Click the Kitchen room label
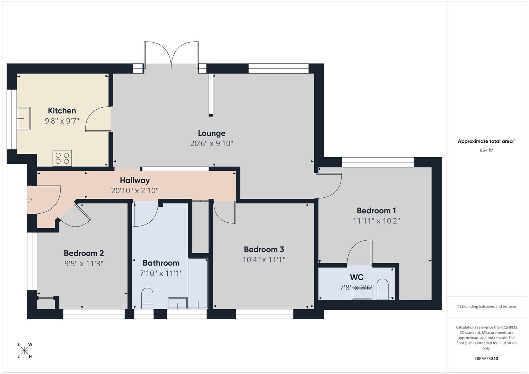(62, 111)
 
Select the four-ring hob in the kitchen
(62, 158)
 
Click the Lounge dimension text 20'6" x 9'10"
(211, 143)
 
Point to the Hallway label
(135, 180)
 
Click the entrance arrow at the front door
(29, 200)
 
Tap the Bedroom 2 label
(83, 253)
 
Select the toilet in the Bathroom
(147, 298)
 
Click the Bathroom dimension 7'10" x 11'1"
(161, 273)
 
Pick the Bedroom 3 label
(264, 249)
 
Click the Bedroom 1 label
(376, 211)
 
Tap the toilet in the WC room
(383, 289)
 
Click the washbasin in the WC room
(362, 293)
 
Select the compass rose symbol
(24, 350)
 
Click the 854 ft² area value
(486, 150)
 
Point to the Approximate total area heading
(486, 141)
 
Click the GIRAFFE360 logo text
(486, 358)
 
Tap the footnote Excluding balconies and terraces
(486, 306)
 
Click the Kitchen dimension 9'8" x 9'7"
(62, 121)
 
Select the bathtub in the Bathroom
(198, 283)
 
